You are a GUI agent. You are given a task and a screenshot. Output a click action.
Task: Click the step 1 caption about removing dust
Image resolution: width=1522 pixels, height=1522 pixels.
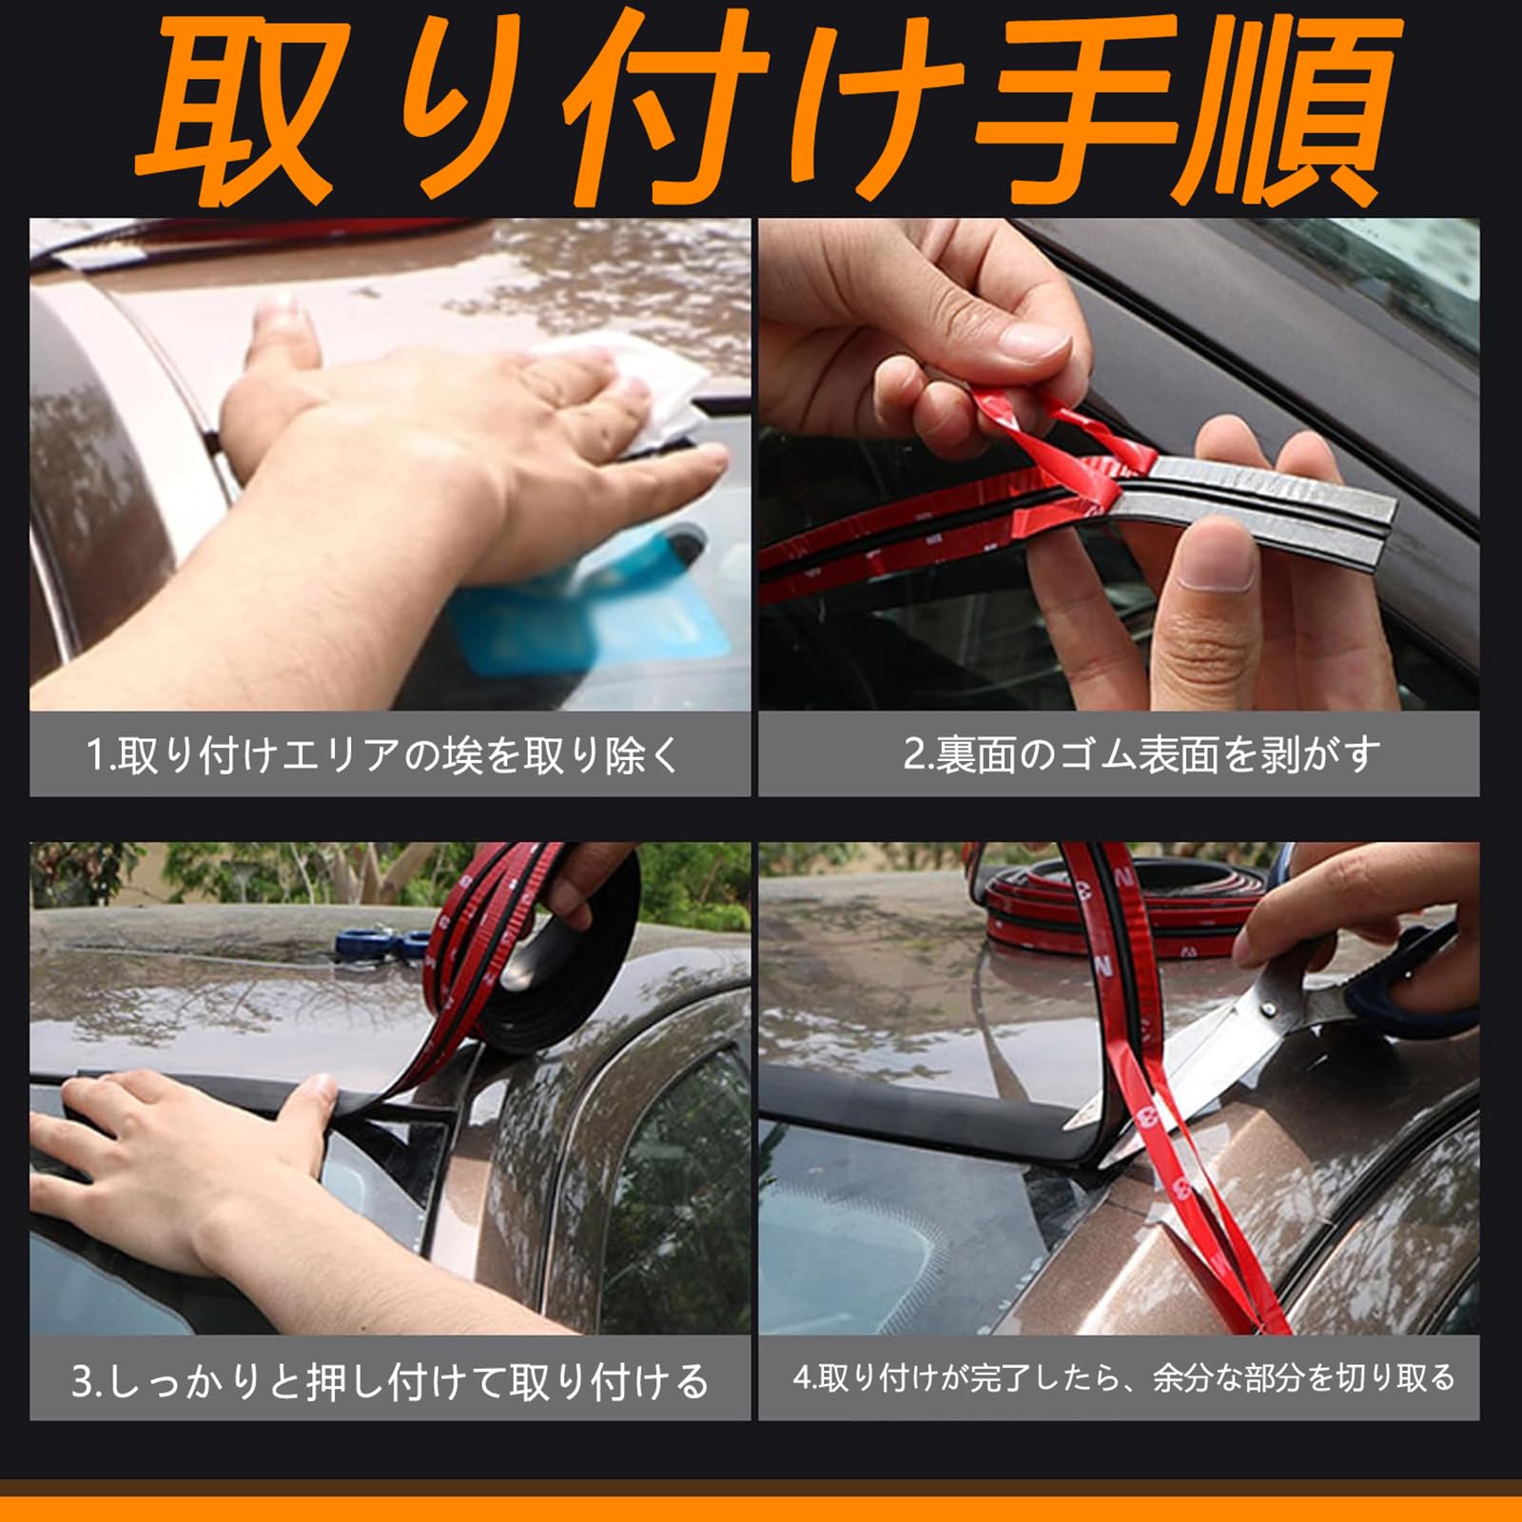pos(384,755)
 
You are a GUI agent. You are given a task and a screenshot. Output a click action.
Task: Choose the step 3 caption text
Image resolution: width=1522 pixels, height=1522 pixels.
pos(390,1381)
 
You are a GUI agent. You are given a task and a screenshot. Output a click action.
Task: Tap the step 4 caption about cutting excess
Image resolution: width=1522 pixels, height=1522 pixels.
pos(1124,1377)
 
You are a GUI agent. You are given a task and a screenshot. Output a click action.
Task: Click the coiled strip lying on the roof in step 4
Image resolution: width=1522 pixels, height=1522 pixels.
pos(1122,904)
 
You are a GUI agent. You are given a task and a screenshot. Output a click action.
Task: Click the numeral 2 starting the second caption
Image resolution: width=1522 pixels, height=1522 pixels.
pos(914,755)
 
